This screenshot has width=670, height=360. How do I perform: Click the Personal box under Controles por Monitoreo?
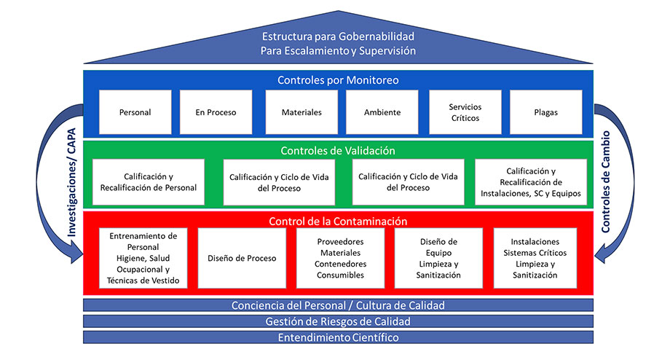click(x=135, y=112)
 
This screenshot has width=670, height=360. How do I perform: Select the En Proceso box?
click(x=215, y=112)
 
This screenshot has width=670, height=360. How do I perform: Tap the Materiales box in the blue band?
click(x=301, y=112)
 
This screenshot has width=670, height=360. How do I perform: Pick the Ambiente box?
click(x=383, y=112)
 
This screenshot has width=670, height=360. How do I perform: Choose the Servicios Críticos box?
click(x=465, y=112)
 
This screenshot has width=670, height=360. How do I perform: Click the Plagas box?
click(x=545, y=112)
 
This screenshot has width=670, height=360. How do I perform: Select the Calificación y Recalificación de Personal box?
click(x=149, y=182)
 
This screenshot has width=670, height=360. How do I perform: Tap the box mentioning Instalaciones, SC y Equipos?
click(x=531, y=182)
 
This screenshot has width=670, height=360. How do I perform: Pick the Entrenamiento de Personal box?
click(x=143, y=258)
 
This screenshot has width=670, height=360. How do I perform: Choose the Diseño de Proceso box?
click(x=241, y=258)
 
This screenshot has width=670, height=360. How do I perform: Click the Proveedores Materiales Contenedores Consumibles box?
click(x=341, y=258)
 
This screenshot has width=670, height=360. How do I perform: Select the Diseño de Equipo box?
click(x=438, y=258)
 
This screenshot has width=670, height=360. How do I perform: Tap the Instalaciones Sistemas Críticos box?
click(x=535, y=258)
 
